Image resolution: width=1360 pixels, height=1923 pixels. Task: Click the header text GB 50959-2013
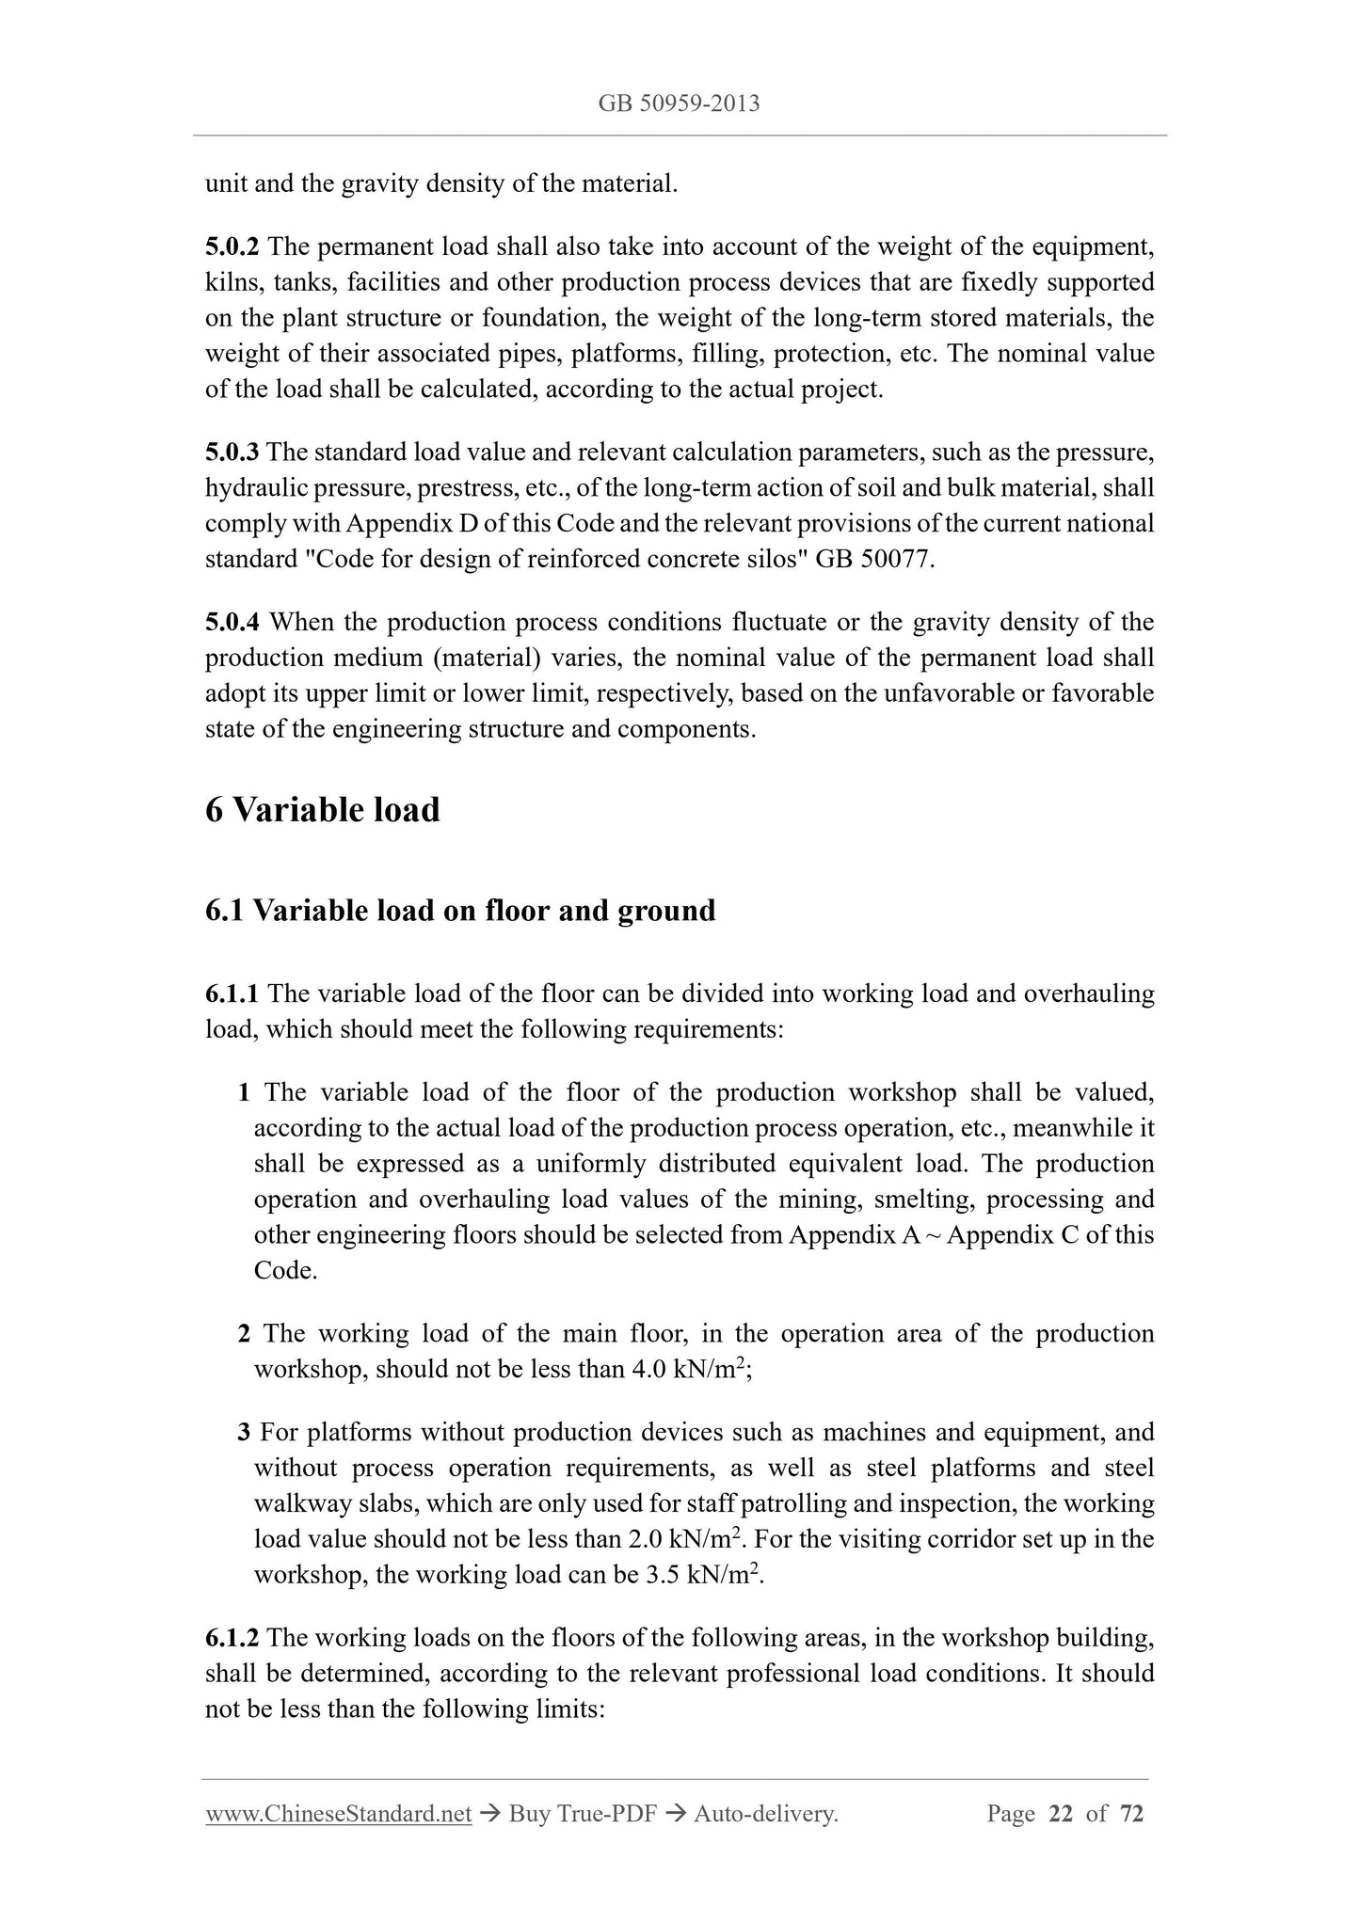coord(679,103)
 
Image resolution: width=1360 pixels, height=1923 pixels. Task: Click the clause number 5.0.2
coord(232,246)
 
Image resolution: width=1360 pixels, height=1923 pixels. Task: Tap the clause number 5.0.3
coord(232,453)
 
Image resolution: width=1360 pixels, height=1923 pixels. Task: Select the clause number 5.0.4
coord(232,622)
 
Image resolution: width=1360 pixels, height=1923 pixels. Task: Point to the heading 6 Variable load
coord(322,809)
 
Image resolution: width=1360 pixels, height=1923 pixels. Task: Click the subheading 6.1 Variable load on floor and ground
coord(460,911)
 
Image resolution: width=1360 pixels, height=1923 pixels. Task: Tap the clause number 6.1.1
coord(232,993)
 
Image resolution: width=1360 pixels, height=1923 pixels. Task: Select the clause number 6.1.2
coord(232,1638)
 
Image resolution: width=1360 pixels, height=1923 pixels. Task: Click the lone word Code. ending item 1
coord(285,1271)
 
